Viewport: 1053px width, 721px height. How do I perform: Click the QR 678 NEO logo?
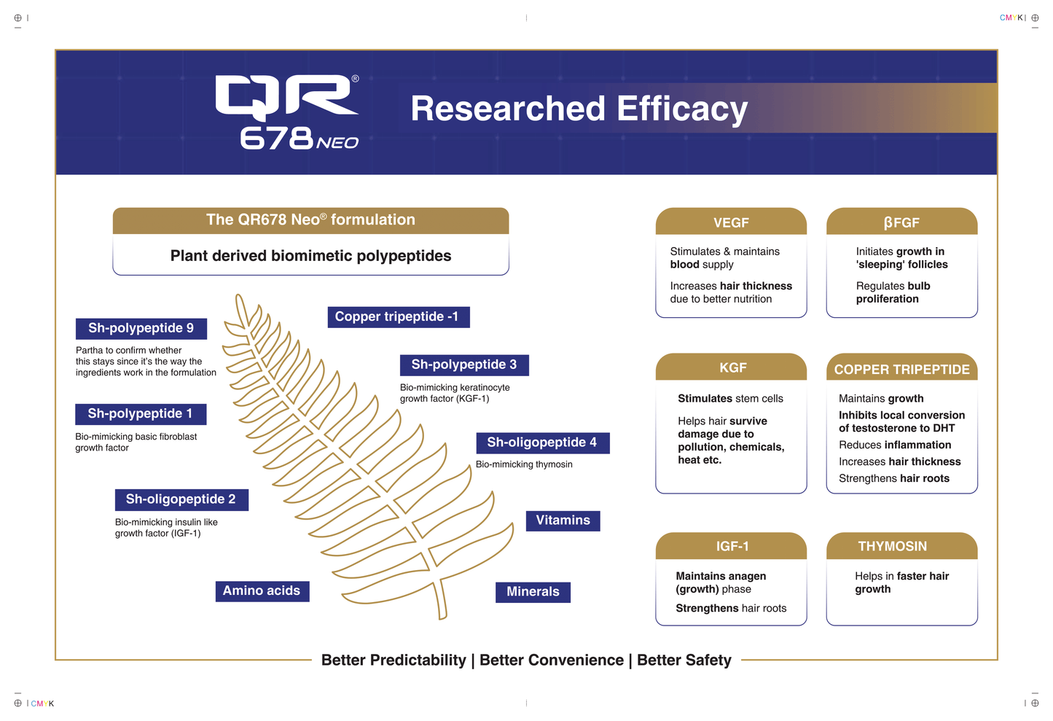pos(287,112)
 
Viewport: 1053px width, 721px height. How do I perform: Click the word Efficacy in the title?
pos(682,109)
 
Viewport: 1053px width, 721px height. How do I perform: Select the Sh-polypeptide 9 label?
pos(141,328)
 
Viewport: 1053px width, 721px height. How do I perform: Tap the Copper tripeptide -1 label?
pos(398,316)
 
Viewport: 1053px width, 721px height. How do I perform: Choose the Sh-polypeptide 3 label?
pos(464,365)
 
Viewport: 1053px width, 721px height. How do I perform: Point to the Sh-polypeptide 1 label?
pos(141,413)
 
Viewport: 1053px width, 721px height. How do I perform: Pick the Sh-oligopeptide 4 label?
pos(542,443)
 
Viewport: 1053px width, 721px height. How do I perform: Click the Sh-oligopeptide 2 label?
pos(181,499)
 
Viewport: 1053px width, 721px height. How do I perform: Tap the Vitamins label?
pos(563,521)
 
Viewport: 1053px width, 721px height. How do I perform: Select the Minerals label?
pos(533,592)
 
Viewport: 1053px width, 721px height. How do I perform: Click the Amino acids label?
pos(262,591)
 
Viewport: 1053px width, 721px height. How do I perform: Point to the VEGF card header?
pos(731,222)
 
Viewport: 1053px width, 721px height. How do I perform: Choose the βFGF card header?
pos(901,222)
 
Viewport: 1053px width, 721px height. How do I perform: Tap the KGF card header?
pos(731,367)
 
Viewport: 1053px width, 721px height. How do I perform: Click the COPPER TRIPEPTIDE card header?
pos(901,369)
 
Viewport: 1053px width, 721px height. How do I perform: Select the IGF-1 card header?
pos(731,546)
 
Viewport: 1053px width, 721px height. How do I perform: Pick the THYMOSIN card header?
pos(901,546)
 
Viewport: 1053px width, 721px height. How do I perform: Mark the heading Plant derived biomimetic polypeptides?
pos(310,256)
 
